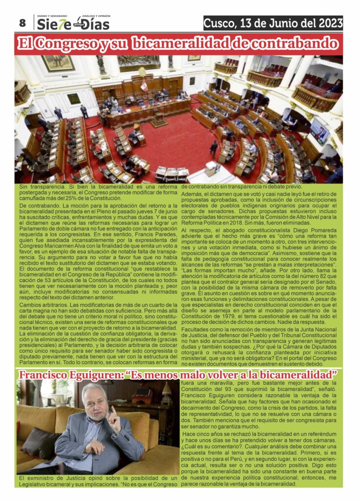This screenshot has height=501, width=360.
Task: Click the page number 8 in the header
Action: click(22, 23)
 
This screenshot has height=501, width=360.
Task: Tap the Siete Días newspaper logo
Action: click(73, 23)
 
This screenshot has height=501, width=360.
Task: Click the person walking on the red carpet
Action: click(214, 149)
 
